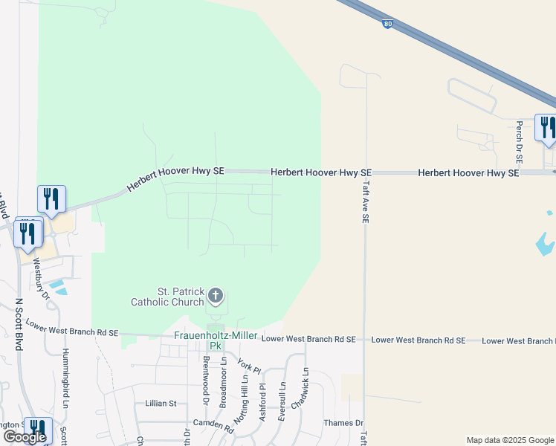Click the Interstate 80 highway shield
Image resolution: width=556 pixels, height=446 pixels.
(x=388, y=24)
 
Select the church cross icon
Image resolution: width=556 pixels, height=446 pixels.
(x=216, y=297)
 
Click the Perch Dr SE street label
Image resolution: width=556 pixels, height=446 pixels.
(x=519, y=143)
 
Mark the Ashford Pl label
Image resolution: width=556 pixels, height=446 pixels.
(x=262, y=402)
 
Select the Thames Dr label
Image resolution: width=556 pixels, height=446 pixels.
(x=343, y=423)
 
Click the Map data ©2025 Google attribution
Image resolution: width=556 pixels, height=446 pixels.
(x=510, y=440)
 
